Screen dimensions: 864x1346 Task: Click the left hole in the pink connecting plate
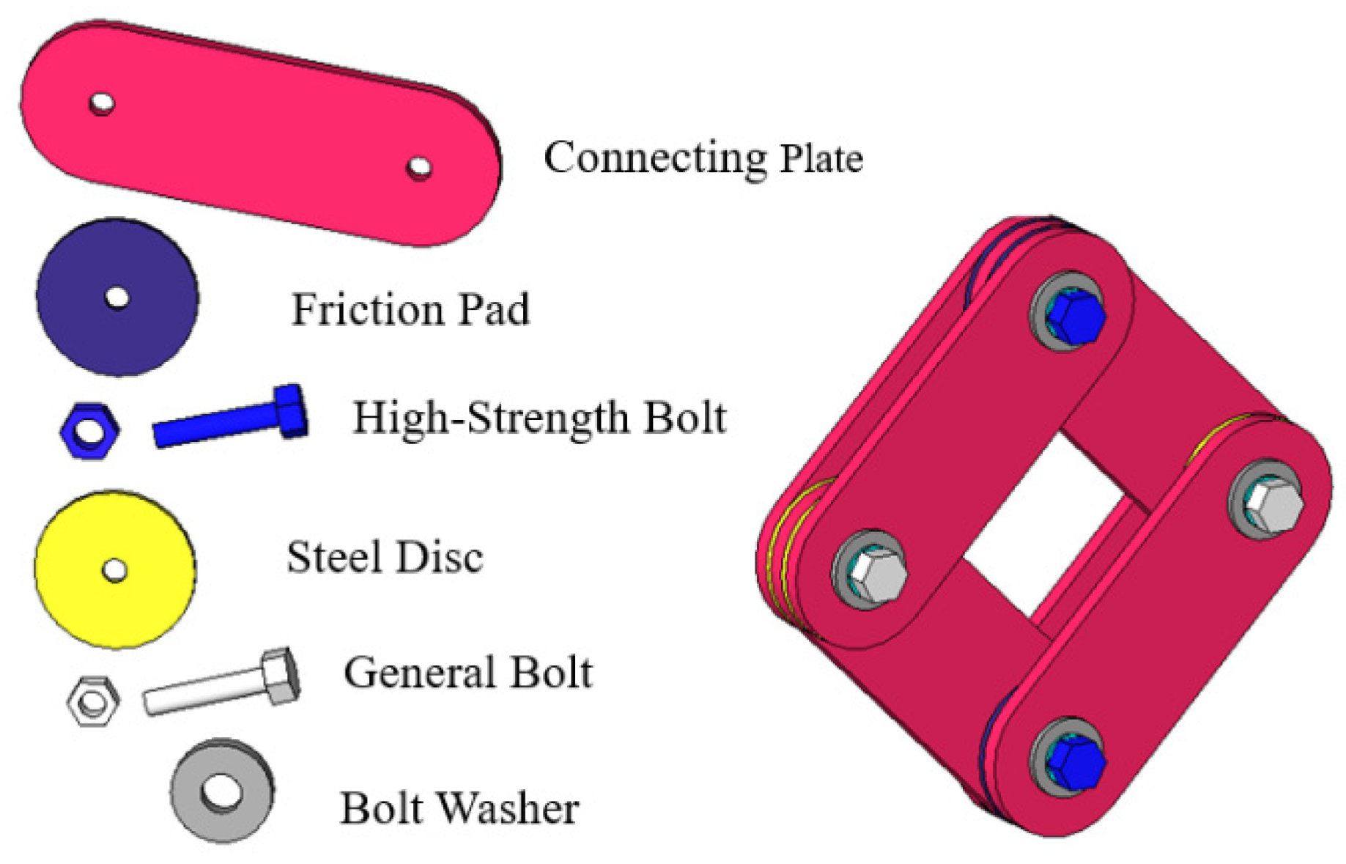coord(102,103)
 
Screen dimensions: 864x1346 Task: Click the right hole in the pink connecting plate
coord(419,168)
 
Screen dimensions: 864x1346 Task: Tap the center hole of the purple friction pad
coord(117,298)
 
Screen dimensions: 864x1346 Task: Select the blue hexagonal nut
coord(90,430)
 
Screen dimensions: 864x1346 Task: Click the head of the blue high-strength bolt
coord(292,411)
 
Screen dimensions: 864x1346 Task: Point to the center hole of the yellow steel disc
coord(115,569)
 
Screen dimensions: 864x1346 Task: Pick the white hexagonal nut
coord(93,701)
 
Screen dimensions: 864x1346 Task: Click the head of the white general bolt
coord(281,676)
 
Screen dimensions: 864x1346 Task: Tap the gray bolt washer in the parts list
coord(222,791)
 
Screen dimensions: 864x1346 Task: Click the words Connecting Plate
coord(703,158)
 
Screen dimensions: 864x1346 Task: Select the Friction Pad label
coord(410,309)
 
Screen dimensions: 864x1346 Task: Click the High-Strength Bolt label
coord(539,418)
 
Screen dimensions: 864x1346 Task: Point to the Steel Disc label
coord(385,557)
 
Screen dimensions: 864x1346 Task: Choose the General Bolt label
coord(467,673)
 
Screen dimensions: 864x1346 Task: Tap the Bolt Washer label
coord(459,808)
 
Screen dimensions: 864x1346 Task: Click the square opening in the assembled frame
coord(1044,524)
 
